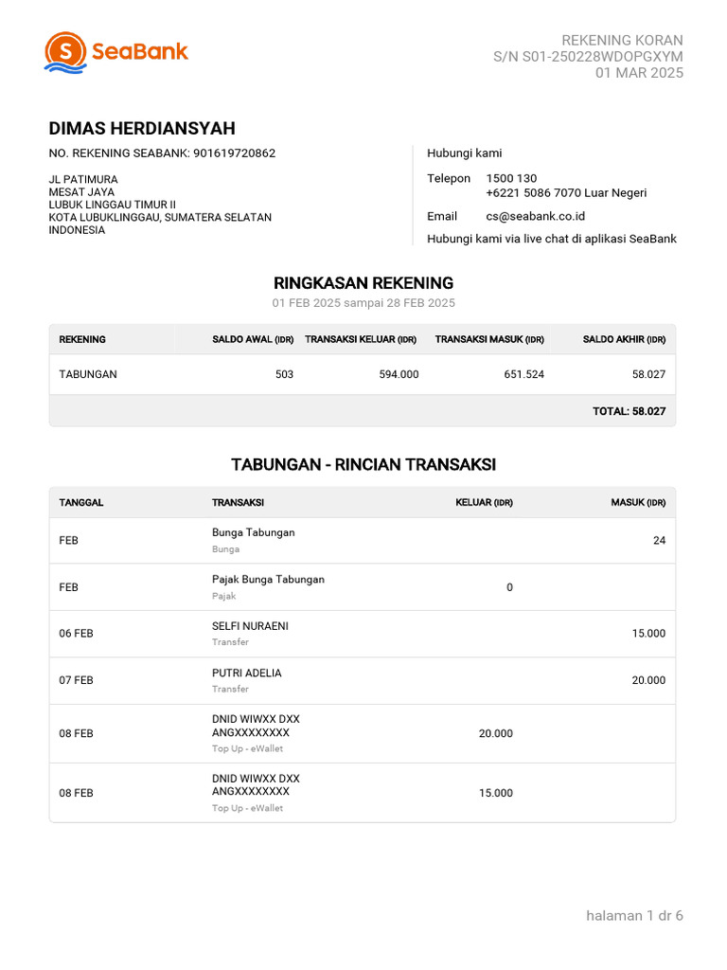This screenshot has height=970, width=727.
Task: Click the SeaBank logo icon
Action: tap(65, 52)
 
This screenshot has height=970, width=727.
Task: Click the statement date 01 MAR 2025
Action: tap(639, 73)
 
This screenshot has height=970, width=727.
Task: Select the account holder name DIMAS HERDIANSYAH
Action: tap(142, 129)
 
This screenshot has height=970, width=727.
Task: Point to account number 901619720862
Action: tap(234, 153)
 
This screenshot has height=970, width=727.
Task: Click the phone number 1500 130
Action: tap(511, 178)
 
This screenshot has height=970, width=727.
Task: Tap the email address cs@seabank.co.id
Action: tap(535, 216)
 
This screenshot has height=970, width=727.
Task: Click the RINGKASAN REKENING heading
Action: tap(363, 283)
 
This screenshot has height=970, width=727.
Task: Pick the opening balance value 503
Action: tap(284, 374)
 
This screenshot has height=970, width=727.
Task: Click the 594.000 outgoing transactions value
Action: tap(399, 374)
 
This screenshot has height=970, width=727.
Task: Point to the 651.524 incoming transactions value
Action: tap(523, 374)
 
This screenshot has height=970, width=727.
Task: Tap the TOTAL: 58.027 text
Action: tap(629, 411)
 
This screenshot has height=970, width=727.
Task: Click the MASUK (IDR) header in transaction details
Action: tap(638, 502)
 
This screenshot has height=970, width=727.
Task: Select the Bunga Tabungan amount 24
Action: tap(659, 540)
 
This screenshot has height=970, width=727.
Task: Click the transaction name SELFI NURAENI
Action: tap(250, 626)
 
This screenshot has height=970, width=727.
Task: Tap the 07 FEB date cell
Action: tap(77, 680)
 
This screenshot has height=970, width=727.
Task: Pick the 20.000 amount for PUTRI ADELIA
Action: tap(648, 680)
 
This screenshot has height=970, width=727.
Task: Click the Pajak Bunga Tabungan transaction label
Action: tap(268, 579)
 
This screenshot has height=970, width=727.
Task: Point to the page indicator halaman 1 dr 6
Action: tap(634, 915)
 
